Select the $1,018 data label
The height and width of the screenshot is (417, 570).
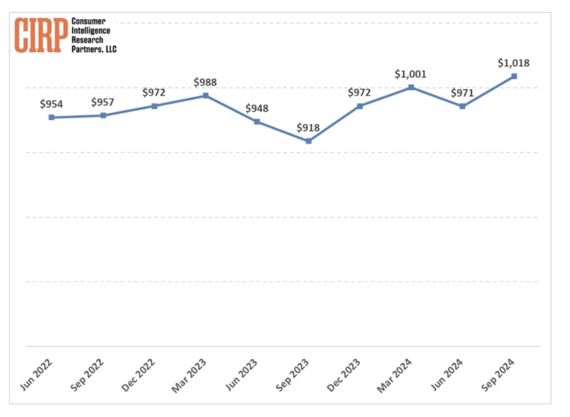(514, 63)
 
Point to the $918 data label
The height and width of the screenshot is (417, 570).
(308, 127)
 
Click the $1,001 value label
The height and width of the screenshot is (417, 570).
(410, 73)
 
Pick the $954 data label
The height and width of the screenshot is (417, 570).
(51, 104)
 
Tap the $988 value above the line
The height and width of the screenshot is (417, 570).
(205, 82)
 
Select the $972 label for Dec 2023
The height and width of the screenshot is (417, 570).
(359, 92)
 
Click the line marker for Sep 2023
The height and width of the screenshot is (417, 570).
(308, 141)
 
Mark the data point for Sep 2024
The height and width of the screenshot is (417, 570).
(514, 76)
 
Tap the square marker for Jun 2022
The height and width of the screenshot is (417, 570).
(52, 117)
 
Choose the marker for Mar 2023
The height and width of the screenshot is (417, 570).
(205, 96)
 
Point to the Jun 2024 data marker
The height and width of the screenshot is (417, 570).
(463, 106)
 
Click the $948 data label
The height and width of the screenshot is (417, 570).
(257, 108)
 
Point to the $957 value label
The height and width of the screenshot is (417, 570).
(103, 102)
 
